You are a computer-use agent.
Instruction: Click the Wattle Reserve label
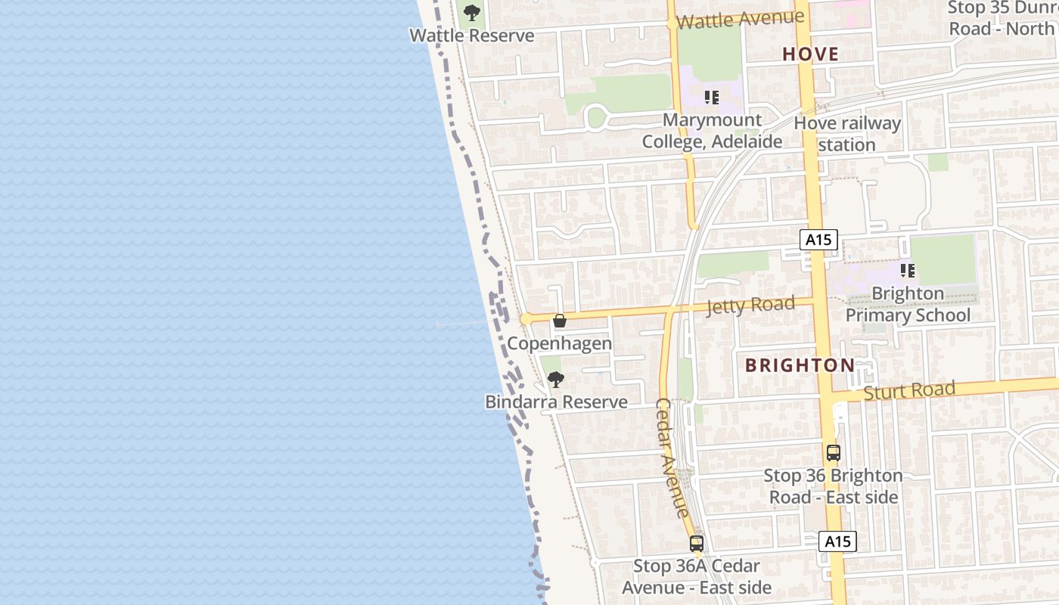[x=471, y=36]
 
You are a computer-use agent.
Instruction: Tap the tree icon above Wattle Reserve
[x=472, y=13]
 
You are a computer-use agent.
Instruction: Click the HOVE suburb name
[x=810, y=54]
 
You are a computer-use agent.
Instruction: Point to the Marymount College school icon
[x=711, y=98]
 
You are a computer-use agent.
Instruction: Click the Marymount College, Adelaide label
[x=712, y=131]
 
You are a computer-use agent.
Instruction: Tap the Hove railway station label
[x=847, y=134]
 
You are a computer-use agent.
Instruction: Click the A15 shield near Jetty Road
[x=818, y=240]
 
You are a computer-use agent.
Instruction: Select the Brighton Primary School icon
[x=908, y=270]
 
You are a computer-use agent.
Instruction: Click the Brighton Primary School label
[x=908, y=304]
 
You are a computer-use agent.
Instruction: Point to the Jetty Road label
[x=750, y=306]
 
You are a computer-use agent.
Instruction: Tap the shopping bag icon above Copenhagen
[x=560, y=321]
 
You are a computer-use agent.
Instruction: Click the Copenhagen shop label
[x=559, y=343]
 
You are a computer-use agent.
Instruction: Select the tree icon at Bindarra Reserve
[x=556, y=380]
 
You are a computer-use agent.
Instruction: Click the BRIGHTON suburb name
[x=800, y=365]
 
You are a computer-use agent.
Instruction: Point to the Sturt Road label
[x=909, y=391]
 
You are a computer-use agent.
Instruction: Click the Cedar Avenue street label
[x=672, y=458]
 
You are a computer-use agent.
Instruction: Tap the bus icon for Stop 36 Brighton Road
[x=833, y=453]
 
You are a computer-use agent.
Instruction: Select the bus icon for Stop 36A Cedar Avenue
[x=697, y=543]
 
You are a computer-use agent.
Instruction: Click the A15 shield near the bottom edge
[x=837, y=541]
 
